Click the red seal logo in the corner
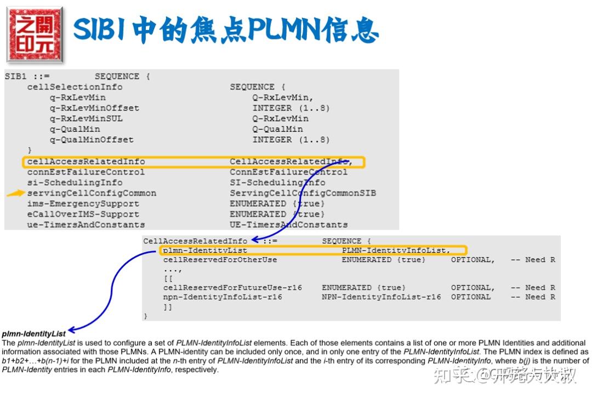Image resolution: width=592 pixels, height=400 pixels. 34,34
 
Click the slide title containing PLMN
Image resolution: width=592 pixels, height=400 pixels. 225,30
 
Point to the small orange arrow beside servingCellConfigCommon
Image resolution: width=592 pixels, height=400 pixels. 15,193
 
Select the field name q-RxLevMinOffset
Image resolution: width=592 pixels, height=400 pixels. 94,108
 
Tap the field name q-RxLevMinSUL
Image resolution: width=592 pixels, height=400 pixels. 86,118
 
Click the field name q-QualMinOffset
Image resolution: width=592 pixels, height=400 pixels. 92,140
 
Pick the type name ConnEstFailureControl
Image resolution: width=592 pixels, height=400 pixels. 288,172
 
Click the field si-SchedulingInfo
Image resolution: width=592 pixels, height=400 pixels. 75,182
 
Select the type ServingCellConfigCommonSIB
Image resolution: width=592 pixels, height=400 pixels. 303,193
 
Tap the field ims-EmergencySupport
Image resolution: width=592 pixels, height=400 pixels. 83,204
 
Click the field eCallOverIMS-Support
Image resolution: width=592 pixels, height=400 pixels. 83,214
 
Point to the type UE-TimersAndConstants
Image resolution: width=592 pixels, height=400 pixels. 288,224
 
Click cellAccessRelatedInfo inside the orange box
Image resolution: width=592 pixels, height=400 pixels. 86,161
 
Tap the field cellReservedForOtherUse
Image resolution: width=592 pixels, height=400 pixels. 220,259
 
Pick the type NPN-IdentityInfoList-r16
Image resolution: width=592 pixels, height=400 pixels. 381,297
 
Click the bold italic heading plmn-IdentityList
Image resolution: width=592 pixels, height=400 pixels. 34,333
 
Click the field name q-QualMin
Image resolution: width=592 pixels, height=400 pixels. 75,129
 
